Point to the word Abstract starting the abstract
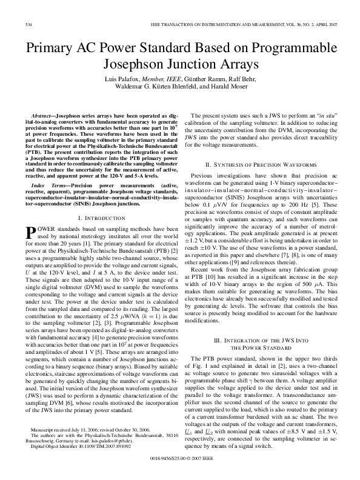point(44,115)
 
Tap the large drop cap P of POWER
point(32,232)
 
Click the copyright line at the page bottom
point(180,467)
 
